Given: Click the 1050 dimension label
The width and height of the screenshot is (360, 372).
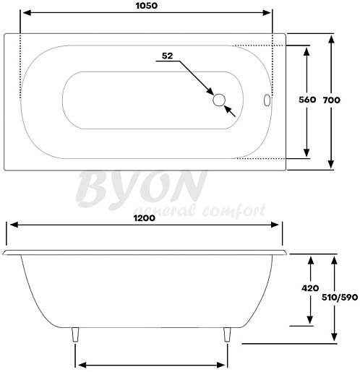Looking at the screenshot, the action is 147,6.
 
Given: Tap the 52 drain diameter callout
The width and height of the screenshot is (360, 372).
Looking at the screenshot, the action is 167,56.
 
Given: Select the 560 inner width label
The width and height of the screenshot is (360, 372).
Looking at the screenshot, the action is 307,100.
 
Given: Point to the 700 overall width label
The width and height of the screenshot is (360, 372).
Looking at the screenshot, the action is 332,100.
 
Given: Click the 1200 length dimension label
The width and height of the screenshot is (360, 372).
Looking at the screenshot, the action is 145,218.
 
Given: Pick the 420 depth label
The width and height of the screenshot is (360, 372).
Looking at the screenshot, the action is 310,288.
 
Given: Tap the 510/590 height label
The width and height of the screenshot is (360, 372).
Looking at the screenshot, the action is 340,298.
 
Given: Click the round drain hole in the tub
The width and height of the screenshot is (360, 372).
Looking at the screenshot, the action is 219,100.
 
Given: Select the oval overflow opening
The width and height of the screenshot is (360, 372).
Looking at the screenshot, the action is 267,100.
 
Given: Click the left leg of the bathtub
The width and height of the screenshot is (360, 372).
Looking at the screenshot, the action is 75,334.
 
